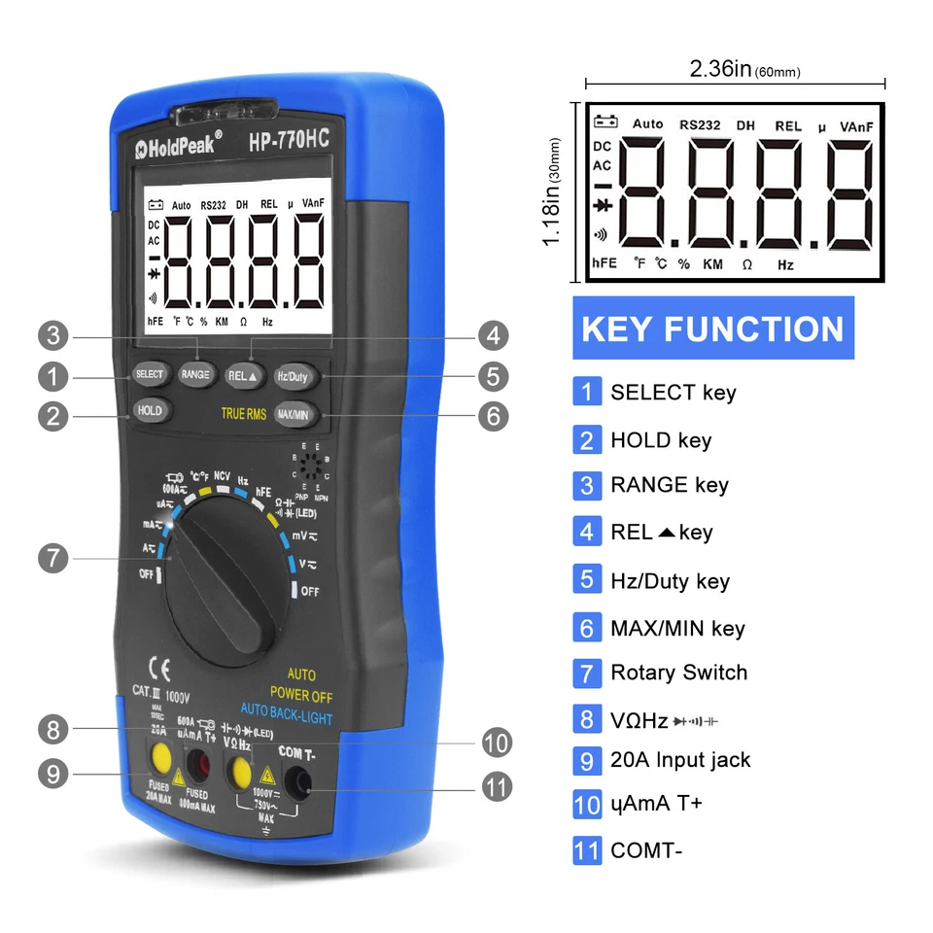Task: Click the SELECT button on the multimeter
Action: pyautogui.click(x=150, y=374)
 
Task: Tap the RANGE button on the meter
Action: pyautogui.click(x=195, y=374)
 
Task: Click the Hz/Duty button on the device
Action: pyautogui.click(x=293, y=375)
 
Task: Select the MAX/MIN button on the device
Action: pyautogui.click(x=293, y=414)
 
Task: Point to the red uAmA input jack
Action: pyautogui.click(x=201, y=763)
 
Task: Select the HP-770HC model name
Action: pyautogui.click(x=289, y=140)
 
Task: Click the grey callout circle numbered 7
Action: pyautogui.click(x=54, y=559)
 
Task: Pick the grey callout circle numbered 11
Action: pyautogui.click(x=496, y=786)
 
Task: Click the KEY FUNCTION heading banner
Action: pyautogui.click(x=712, y=328)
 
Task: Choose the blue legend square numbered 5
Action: pyautogui.click(x=586, y=580)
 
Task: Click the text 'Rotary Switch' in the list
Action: pyautogui.click(x=678, y=673)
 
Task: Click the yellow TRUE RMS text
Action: pyautogui.click(x=243, y=414)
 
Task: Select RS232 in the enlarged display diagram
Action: pyautogui.click(x=700, y=124)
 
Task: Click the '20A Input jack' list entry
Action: pyautogui.click(x=680, y=760)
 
